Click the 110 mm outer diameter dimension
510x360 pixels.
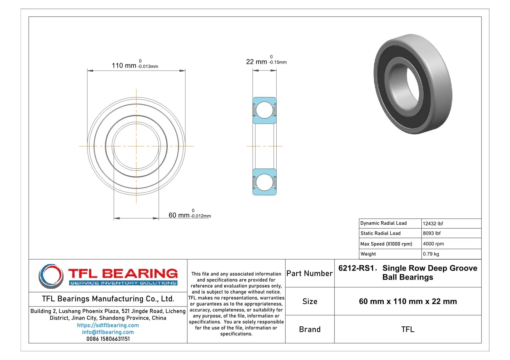[x=124, y=66]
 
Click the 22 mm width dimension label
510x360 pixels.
[x=256, y=62]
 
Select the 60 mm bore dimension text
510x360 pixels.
[x=179, y=215]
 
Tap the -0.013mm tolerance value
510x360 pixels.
[x=148, y=66]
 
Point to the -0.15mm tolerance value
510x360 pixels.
[x=278, y=62]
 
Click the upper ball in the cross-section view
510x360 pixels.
[x=264, y=110]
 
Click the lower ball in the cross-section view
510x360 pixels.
[x=264, y=182]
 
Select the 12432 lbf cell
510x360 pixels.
[x=433, y=224]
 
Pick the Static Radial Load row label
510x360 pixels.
[x=380, y=233]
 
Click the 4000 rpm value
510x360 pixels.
[x=433, y=244]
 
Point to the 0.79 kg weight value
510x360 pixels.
[x=431, y=254]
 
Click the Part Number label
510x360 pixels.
[x=309, y=273]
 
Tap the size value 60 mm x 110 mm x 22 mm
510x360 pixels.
[x=408, y=301]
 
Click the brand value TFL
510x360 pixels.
[x=408, y=330]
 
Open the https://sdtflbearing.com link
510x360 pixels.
[x=108, y=325]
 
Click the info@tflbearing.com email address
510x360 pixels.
[x=108, y=332]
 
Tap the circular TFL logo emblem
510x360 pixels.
[x=51, y=276]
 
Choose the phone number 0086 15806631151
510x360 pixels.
[x=108, y=339]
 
